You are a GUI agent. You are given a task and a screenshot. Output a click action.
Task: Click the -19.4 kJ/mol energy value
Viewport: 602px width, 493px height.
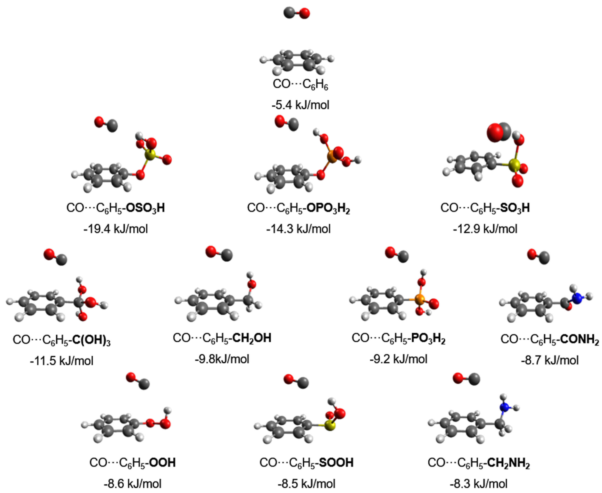click(116, 229)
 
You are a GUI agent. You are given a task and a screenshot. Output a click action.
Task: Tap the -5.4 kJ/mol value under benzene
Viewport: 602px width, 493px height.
click(300, 105)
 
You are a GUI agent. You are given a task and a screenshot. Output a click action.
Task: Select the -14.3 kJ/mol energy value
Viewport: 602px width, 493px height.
click(298, 229)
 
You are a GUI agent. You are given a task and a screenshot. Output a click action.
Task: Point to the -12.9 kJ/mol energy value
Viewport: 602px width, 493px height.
click(485, 229)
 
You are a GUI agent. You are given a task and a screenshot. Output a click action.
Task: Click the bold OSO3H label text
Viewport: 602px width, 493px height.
click(145, 208)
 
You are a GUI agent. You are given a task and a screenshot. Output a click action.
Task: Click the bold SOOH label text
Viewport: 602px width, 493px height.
click(336, 463)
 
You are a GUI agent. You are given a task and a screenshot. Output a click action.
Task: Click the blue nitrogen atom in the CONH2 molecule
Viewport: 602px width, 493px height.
click(577, 299)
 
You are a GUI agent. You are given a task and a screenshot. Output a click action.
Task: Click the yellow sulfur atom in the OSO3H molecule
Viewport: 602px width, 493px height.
click(150, 155)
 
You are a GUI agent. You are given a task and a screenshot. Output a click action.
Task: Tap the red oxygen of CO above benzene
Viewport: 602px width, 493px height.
click(304, 13)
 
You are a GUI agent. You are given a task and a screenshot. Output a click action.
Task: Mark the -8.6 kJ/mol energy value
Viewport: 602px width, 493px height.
click(132, 484)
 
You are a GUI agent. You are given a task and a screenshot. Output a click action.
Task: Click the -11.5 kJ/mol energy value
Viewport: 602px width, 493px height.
click(62, 361)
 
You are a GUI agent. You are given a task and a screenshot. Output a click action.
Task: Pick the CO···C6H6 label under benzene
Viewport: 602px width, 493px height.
click(300, 85)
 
